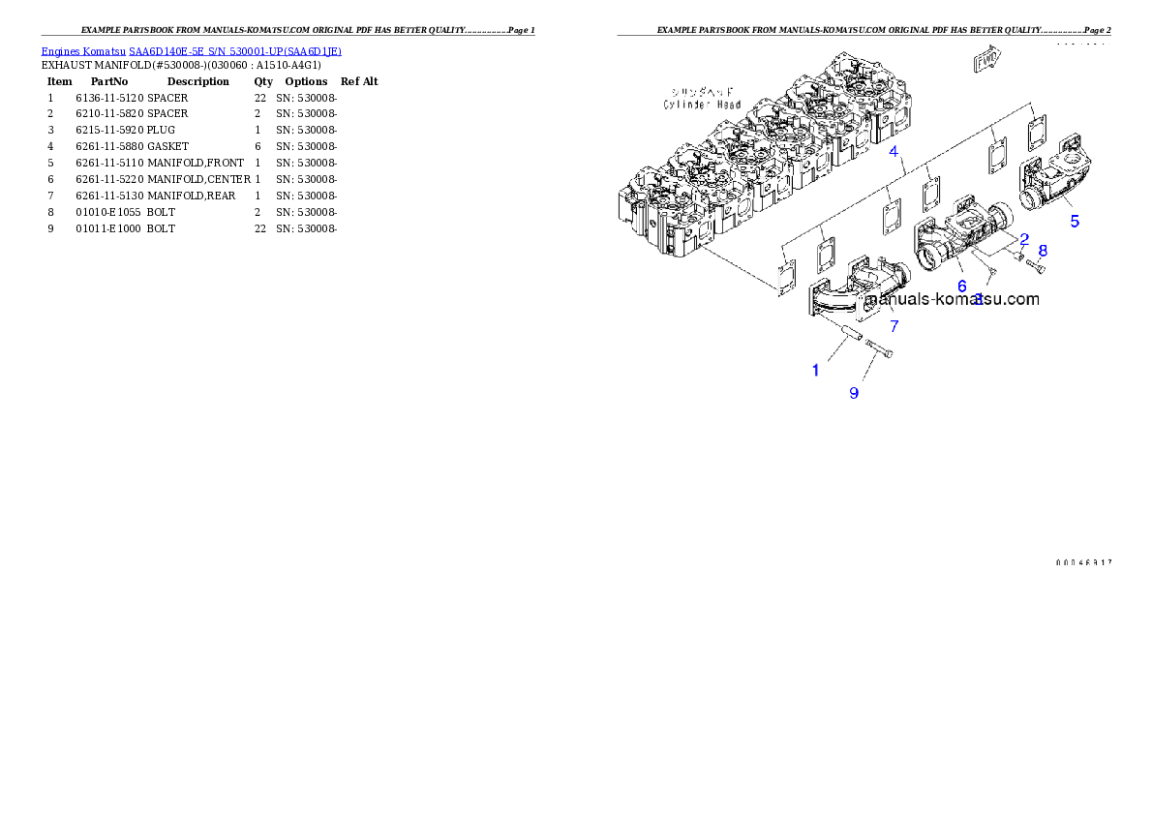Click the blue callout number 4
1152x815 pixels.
[894, 151]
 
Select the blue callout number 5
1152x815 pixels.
[1075, 221]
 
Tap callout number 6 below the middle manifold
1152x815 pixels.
[961, 286]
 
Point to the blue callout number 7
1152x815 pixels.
[894, 326]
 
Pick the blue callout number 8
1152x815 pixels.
[1043, 250]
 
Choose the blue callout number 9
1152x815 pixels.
[854, 392]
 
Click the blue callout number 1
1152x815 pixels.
[815, 370]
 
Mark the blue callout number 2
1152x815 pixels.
[1023, 238]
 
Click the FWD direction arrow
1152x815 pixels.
[985, 62]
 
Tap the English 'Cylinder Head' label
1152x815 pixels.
[702, 105]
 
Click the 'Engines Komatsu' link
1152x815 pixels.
[84, 51]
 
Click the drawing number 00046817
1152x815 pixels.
[1083, 562]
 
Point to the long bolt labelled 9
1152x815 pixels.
[879, 349]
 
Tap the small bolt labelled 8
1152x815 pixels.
[1035, 265]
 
